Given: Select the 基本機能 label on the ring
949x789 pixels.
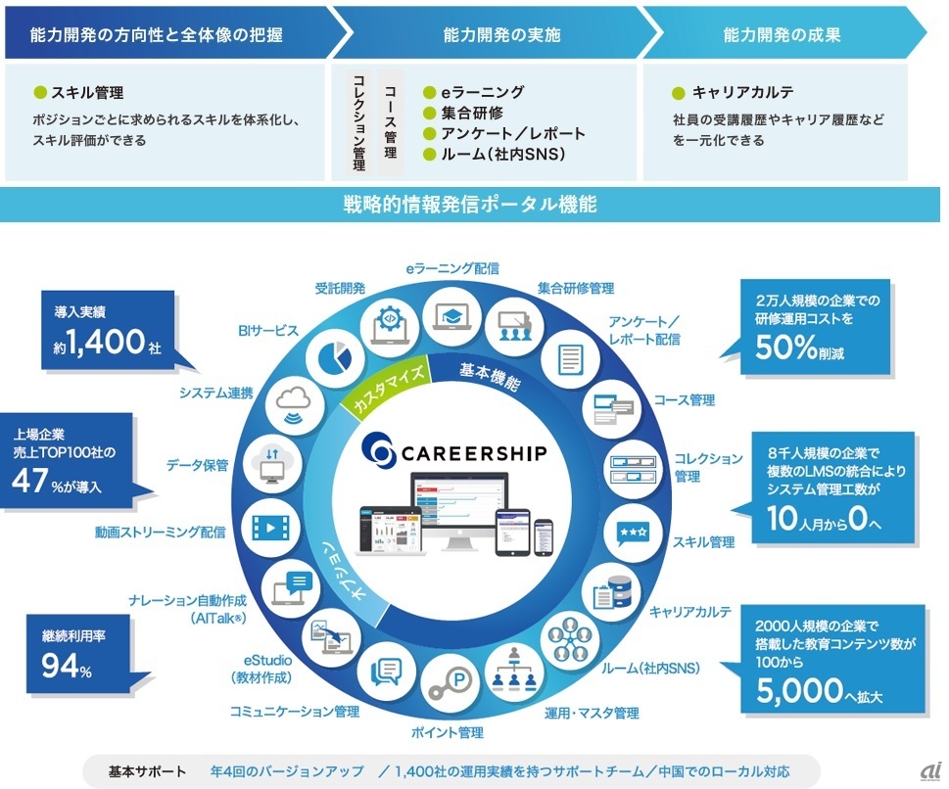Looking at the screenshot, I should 490,376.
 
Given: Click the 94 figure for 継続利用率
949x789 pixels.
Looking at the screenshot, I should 61,668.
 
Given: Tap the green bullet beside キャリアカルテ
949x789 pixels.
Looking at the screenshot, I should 678,94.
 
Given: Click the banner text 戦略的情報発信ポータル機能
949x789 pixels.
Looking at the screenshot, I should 470,205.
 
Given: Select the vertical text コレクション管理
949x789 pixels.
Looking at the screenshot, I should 358,122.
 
